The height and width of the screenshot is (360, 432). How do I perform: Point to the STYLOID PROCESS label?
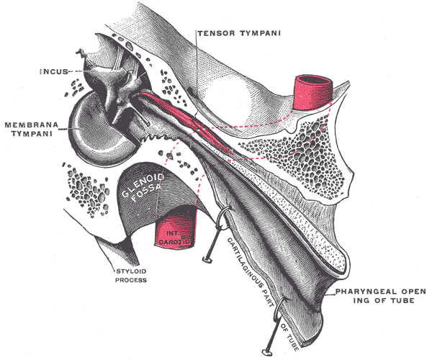coord(130,275)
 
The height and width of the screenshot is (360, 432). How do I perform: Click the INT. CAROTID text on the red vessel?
coord(175,238)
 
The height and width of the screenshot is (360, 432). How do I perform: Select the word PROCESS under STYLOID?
coord(130,280)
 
